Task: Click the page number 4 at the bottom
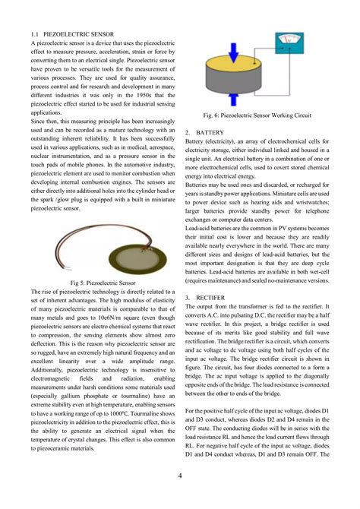179,476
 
